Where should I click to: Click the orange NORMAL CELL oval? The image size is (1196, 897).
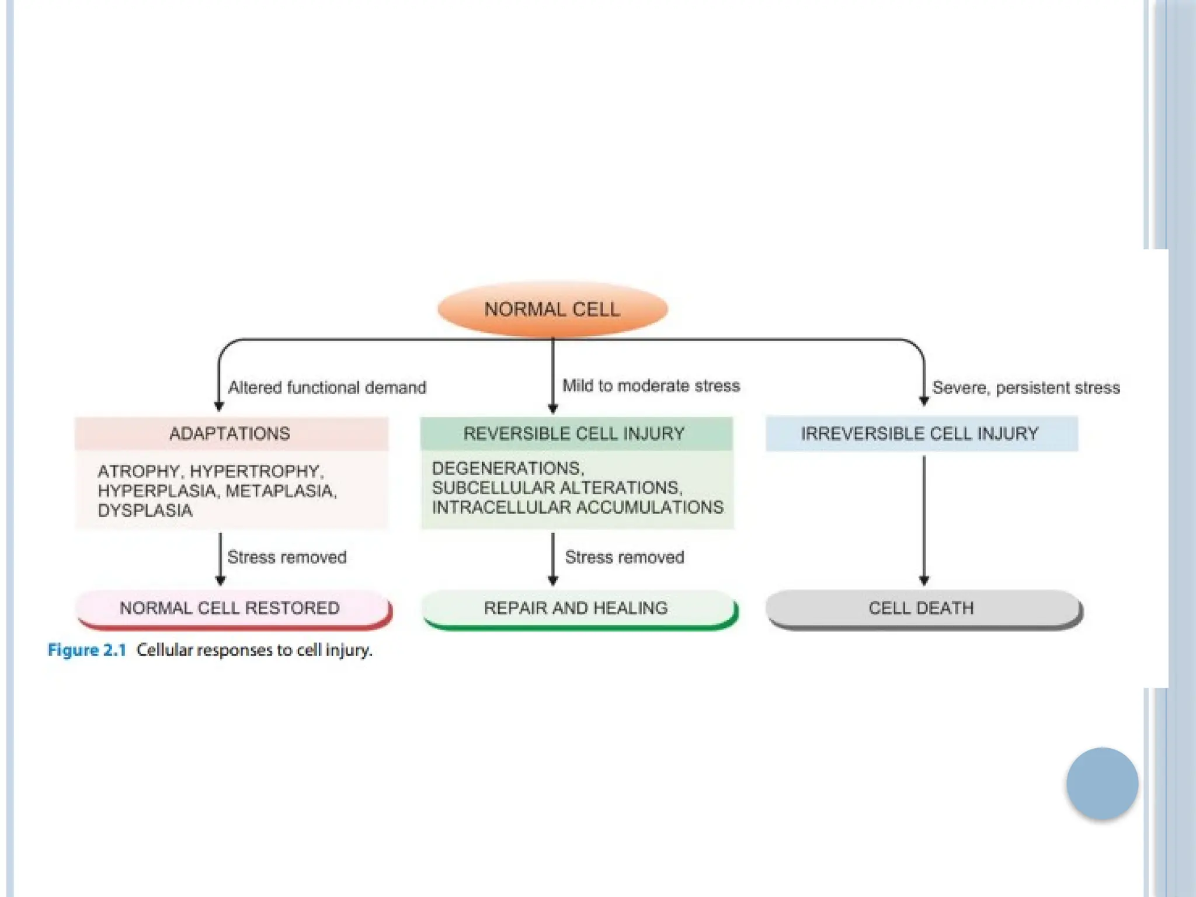(x=552, y=309)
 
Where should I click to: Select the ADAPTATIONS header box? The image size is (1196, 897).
(x=231, y=433)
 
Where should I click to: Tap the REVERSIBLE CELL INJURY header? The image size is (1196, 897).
(x=575, y=433)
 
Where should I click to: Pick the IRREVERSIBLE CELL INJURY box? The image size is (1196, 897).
(x=921, y=433)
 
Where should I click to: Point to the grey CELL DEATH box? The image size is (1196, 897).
(x=922, y=608)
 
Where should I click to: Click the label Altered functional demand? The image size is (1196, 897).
(x=327, y=388)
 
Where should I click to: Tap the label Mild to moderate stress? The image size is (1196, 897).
(x=651, y=386)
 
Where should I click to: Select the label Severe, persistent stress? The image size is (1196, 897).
(x=1026, y=388)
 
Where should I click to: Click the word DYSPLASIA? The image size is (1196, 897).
(x=145, y=510)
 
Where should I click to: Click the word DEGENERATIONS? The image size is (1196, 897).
(x=507, y=468)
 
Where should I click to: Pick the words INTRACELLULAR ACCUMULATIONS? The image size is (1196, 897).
(x=578, y=507)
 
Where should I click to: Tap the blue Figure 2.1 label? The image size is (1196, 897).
(x=87, y=650)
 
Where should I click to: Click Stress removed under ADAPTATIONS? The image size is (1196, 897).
(x=287, y=557)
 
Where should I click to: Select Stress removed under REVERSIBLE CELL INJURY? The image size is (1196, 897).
(x=624, y=557)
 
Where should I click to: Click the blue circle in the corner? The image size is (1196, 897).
(x=1102, y=783)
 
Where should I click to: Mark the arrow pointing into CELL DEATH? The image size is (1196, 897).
(x=924, y=520)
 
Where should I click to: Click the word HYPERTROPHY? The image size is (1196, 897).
(x=256, y=471)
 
